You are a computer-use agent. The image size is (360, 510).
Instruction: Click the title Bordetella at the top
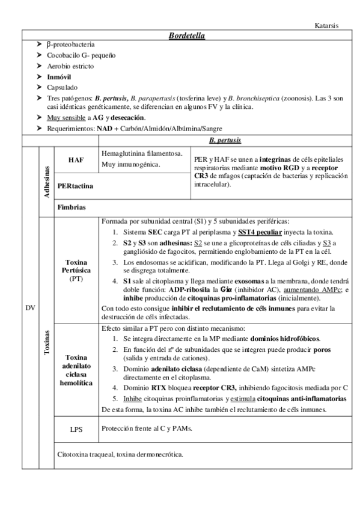tap(188, 36)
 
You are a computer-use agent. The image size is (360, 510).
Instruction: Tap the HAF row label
tap(76, 159)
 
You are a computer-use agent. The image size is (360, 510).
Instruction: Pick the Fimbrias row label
tap(72, 207)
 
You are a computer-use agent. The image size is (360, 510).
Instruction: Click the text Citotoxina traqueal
tap(84, 455)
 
